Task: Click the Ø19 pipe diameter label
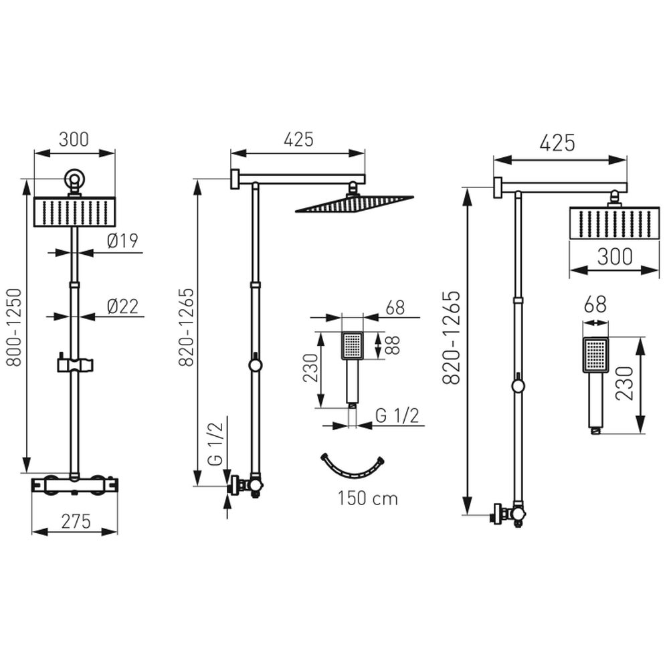(122, 241)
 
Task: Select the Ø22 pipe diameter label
(122, 306)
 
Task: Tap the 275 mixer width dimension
(76, 521)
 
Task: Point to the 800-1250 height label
(15, 327)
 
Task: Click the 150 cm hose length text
(368, 498)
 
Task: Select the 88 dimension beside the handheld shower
(393, 346)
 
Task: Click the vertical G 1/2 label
(215, 444)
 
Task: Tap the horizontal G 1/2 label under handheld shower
(397, 415)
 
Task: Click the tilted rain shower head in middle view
(354, 204)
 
